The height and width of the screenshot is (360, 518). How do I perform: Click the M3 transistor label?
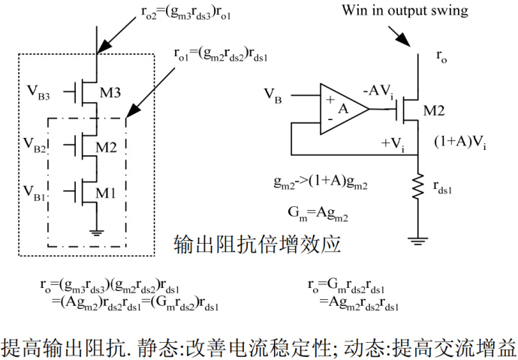click(111, 93)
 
